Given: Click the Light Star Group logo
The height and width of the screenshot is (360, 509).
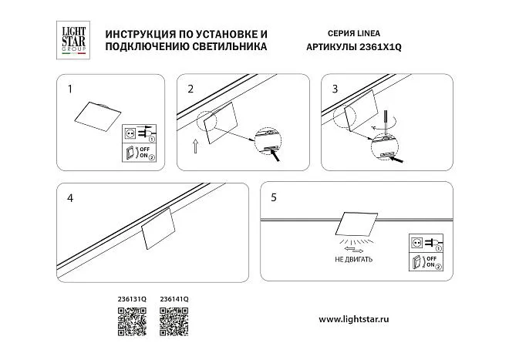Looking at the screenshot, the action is click(73, 40).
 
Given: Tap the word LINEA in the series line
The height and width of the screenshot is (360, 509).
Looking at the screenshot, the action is click(369, 33).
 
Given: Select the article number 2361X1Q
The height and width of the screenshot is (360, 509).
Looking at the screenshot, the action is click(380, 47).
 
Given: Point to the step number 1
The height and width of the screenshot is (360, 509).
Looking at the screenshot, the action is click(69, 89).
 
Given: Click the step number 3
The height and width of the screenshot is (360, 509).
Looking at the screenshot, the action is click(335, 89).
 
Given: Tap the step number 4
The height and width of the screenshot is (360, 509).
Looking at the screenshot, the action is click(70, 198).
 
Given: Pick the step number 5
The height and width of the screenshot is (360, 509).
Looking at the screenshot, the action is click(274, 197).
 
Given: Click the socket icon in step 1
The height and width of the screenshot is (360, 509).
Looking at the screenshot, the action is click(130, 133).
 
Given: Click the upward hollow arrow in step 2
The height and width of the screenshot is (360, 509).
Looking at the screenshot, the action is click(195, 146).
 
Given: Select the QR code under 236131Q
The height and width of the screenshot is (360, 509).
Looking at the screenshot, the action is click(132, 321).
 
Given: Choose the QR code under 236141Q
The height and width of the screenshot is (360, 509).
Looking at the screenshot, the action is click(174, 321).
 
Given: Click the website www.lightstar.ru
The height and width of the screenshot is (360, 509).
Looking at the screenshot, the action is click(354, 319).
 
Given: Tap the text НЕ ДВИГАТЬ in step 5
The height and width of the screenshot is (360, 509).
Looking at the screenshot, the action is click(353, 259).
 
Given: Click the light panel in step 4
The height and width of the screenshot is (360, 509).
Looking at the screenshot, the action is click(158, 228).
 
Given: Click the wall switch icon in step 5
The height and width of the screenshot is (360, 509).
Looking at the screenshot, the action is click(416, 261).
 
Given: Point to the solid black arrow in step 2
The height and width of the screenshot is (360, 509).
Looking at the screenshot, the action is click(275, 156).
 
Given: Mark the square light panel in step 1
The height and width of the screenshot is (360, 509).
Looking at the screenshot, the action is click(98, 116).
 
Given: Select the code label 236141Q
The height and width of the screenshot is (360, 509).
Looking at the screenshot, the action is click(174, 299).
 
